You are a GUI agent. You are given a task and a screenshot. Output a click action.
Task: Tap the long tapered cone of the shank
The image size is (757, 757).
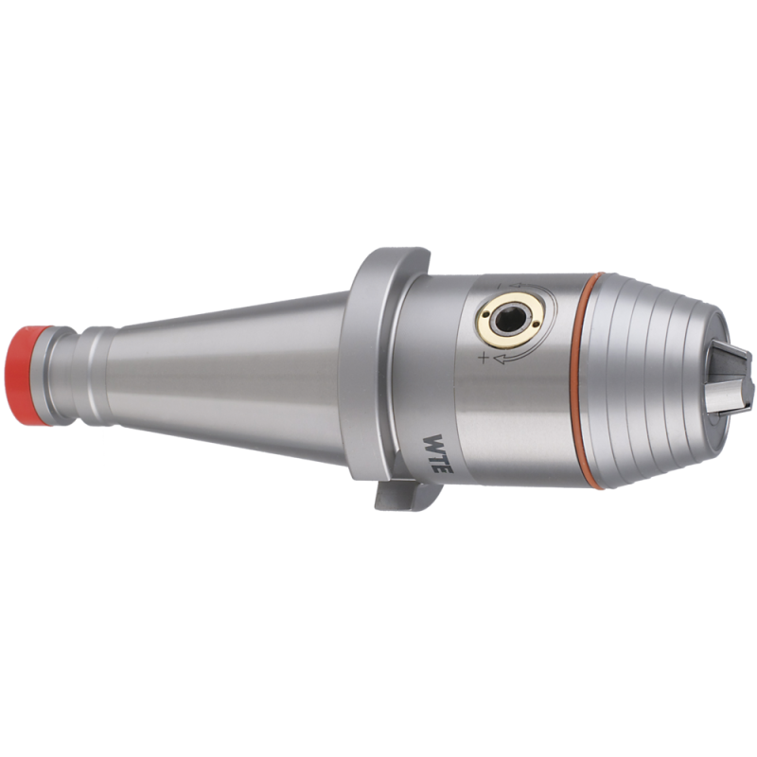227,377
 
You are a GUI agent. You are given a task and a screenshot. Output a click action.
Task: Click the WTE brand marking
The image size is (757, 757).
437,454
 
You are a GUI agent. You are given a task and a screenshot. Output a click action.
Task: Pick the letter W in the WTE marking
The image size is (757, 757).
433,442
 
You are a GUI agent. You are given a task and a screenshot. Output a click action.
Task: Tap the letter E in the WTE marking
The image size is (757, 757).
444,467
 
